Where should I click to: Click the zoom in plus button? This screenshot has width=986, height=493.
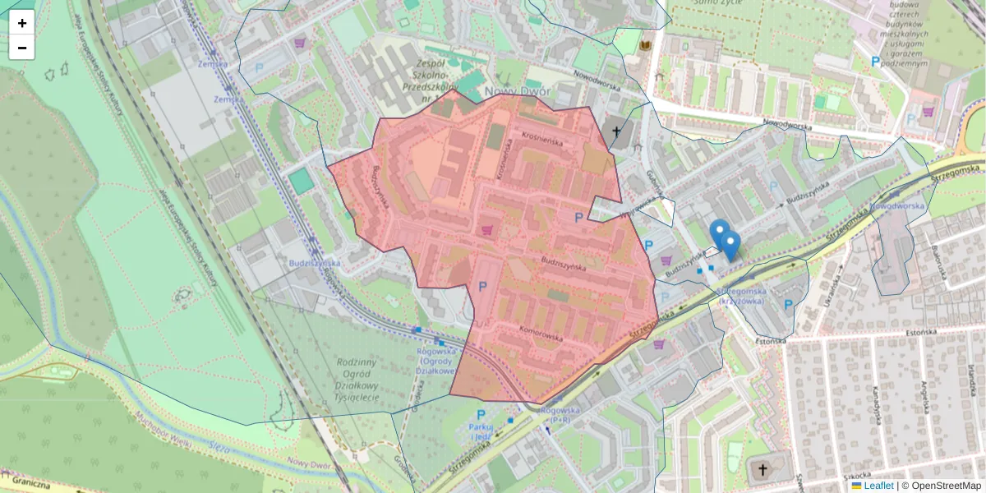[x=22, y=22]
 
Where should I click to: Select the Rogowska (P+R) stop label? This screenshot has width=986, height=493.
[x=562, y=415]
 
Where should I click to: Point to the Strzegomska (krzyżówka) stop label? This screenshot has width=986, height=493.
[x=742, y=296]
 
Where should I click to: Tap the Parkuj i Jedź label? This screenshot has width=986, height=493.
[x=481, y=431]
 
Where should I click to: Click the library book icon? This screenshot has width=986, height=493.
[x=646, y=45]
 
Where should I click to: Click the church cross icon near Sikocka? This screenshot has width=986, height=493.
[x=763, y=470]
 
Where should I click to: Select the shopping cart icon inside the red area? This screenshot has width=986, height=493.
[x=487, y=230]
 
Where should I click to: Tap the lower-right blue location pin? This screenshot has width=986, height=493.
[x=730, y=245]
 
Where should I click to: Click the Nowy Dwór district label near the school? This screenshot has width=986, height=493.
[x=518, y=91]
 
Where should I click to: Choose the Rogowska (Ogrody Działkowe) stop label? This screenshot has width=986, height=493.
[x=437, y=361]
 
